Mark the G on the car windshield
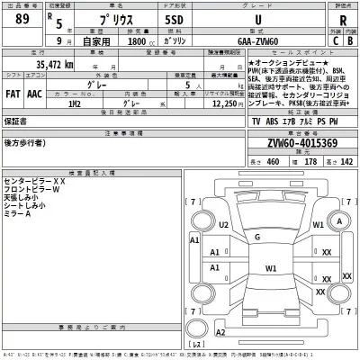click(x=257, y=237)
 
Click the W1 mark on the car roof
click(x=270, y=268)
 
